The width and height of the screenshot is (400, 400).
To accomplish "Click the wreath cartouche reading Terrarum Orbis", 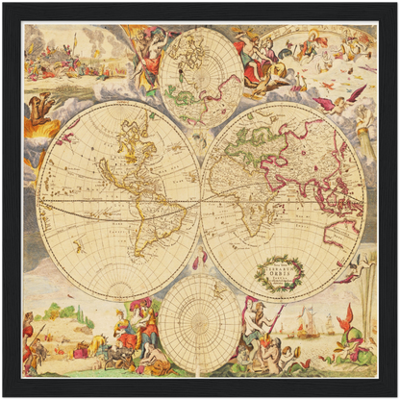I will (279, 272).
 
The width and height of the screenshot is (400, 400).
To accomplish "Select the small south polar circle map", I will (201, 323).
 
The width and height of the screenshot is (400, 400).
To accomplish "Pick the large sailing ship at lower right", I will (307, 322).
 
